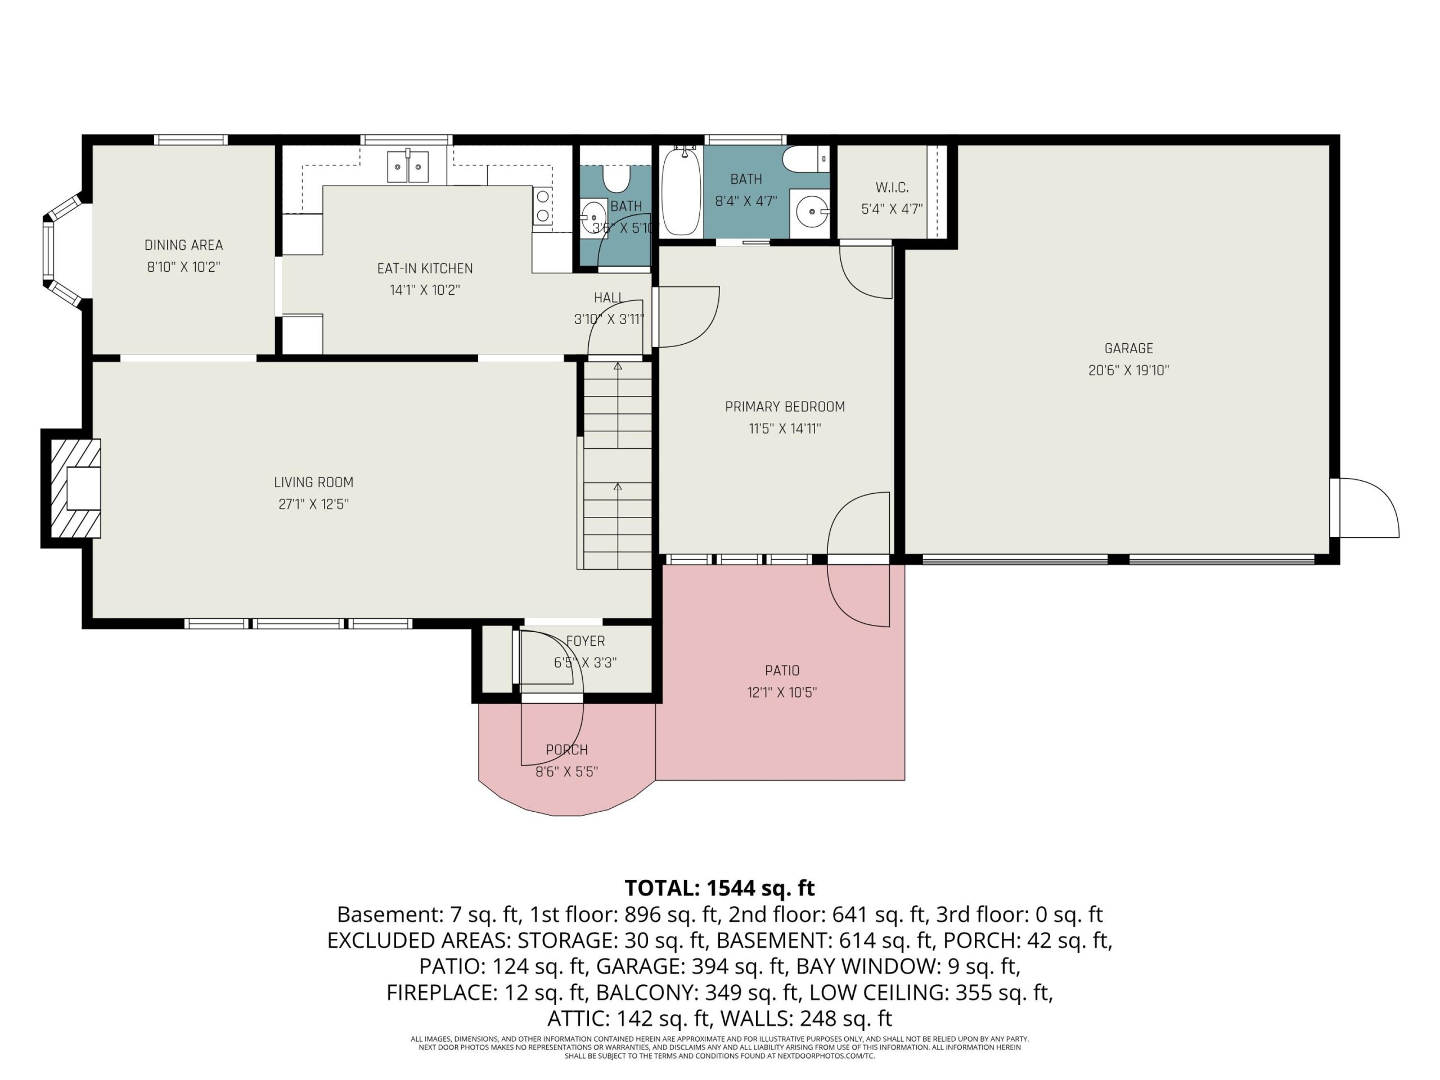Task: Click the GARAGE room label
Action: [x=1128, y=348]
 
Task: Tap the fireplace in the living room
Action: [x=75, y=488]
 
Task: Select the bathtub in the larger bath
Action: [x=681, y=191]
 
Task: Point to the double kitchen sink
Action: [x=408, y=166]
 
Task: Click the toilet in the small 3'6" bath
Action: [x=616, y=178]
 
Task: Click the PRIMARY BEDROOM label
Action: [x=785, y=407]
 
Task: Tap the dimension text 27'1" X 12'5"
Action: [x=313, y=505]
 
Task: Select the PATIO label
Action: [x=782, y=670]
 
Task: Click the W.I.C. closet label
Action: [x=892, y=187]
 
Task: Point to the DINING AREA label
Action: [x=183, y=245]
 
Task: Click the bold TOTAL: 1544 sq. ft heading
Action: [x=719, y=888]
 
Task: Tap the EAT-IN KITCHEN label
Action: [x=425, y=268]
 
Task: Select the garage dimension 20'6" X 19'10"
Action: [x=1128, y=371]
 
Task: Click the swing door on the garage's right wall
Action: [x=1365, y=508]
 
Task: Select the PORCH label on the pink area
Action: [x=566, y=750]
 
